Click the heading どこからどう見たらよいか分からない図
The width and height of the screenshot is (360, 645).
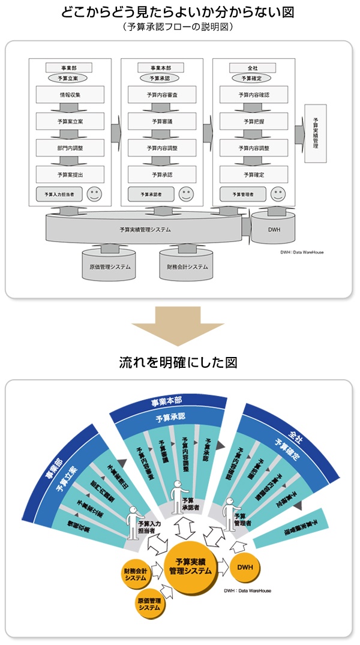click(180, 12)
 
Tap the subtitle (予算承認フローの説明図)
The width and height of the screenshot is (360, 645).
click(180, 27)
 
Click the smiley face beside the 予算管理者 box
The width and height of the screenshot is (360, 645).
click(277, 194)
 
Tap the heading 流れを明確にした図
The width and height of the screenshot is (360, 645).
click(180, 363)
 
